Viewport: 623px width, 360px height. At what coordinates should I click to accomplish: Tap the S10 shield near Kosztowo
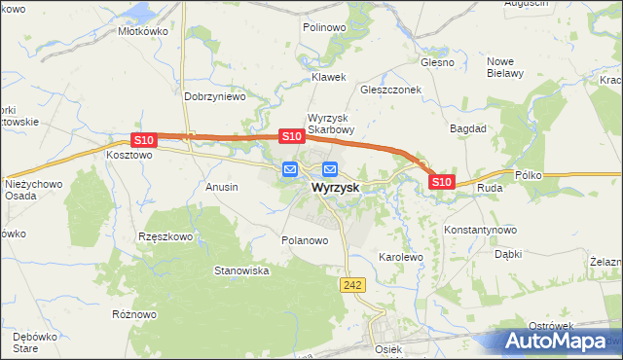143,140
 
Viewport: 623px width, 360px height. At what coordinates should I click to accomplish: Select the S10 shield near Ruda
441,181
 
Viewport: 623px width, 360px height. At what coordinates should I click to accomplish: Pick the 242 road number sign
352,283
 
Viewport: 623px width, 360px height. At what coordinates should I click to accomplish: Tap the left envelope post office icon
290,169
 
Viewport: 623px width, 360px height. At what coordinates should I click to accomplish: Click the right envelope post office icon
329,169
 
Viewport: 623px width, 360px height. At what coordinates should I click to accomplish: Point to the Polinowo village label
324,28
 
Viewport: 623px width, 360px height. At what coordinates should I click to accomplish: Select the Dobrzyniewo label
214,96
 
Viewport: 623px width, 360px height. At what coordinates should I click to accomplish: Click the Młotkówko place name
143,30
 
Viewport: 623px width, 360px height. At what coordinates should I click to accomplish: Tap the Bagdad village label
466,127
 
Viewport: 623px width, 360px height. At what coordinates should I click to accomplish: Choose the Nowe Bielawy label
505,66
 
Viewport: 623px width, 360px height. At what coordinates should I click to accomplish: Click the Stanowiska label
241,270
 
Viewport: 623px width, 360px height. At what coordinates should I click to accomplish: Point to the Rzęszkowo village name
165,236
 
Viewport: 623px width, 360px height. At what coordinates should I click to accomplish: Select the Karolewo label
400,258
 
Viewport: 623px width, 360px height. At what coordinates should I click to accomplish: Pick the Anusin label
222,186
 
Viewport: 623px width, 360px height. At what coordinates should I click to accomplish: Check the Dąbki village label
508,254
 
